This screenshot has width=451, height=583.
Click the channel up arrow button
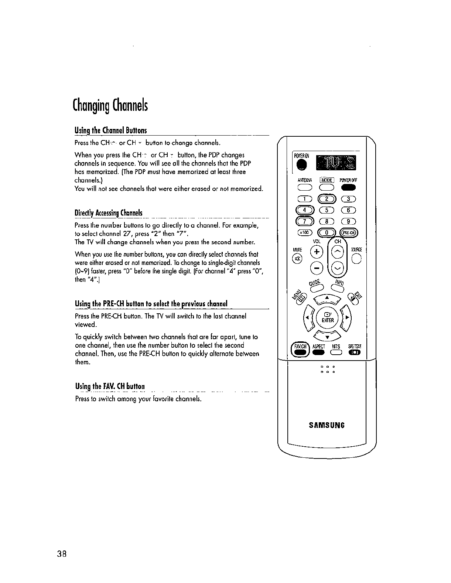[338, 253]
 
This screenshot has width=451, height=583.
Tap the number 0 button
[327, 232]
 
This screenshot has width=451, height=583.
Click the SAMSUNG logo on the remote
[327, 425]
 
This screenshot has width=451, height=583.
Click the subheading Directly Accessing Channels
[109, 213]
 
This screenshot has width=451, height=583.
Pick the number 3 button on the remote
[348, 200]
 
